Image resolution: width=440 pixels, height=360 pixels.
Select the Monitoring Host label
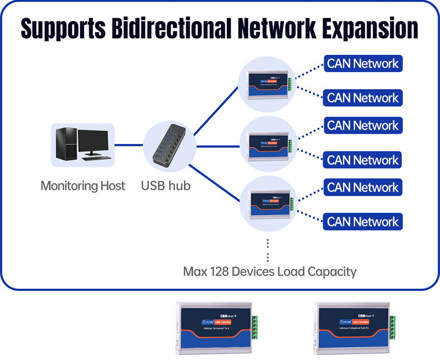point(83,186)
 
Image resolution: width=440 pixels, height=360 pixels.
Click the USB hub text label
point(166,186)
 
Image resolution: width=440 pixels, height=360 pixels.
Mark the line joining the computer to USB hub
point(129,145)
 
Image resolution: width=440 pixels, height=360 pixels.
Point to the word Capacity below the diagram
point(331,271)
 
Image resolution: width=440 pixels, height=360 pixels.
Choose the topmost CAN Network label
point(363,64)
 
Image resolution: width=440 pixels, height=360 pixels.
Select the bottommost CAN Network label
point(363,222)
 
